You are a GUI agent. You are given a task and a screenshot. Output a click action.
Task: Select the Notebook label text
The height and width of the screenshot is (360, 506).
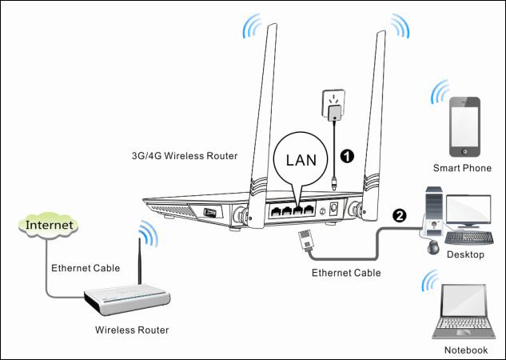[465, 350]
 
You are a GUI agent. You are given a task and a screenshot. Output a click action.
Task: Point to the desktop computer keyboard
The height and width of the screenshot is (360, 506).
[470, 238]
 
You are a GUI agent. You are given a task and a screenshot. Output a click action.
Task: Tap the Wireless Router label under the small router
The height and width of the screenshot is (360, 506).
[132, 330]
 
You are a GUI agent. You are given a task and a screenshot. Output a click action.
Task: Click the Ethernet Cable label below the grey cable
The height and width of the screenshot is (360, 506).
[345, 273]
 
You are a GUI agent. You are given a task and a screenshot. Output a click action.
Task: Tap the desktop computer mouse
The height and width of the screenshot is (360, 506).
[434, 247]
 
